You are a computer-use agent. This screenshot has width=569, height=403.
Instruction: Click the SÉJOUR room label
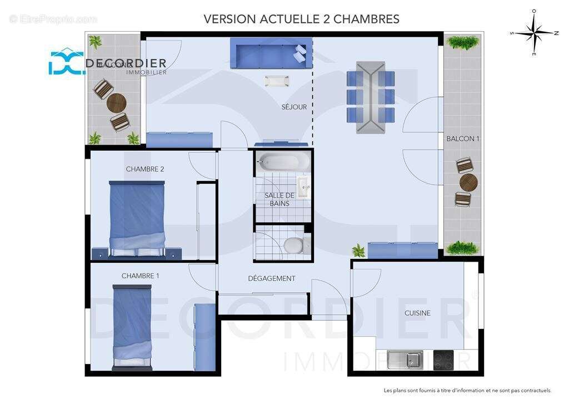point(294,107)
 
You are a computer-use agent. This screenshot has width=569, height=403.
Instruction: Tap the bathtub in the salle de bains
point(283,162)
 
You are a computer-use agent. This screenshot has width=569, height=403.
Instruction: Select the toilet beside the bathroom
point(293,244)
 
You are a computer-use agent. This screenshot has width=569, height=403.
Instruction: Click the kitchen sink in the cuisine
point(405,360)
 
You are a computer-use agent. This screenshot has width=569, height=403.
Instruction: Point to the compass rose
point(533,33)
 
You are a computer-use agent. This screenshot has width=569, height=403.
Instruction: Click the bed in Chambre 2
point(137,217)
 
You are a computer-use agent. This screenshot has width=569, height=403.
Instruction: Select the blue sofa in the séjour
point(271,54)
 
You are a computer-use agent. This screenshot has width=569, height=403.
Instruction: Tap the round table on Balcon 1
point(468,182)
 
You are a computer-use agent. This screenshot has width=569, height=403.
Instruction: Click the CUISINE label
point(417,313)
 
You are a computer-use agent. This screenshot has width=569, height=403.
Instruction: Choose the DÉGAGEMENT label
point(272,278)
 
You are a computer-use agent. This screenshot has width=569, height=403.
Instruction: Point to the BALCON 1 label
point(463,139)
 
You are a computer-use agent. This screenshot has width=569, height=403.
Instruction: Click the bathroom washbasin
point(303,187)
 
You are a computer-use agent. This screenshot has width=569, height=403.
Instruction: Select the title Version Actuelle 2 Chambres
point(301,19)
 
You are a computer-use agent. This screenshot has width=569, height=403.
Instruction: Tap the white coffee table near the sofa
point(277,81)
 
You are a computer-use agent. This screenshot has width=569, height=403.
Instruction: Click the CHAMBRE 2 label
point(145,169)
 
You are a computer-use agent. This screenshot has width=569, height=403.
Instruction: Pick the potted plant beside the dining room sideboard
point(359,250)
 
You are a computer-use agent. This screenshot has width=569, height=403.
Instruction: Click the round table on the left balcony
point(117,102)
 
